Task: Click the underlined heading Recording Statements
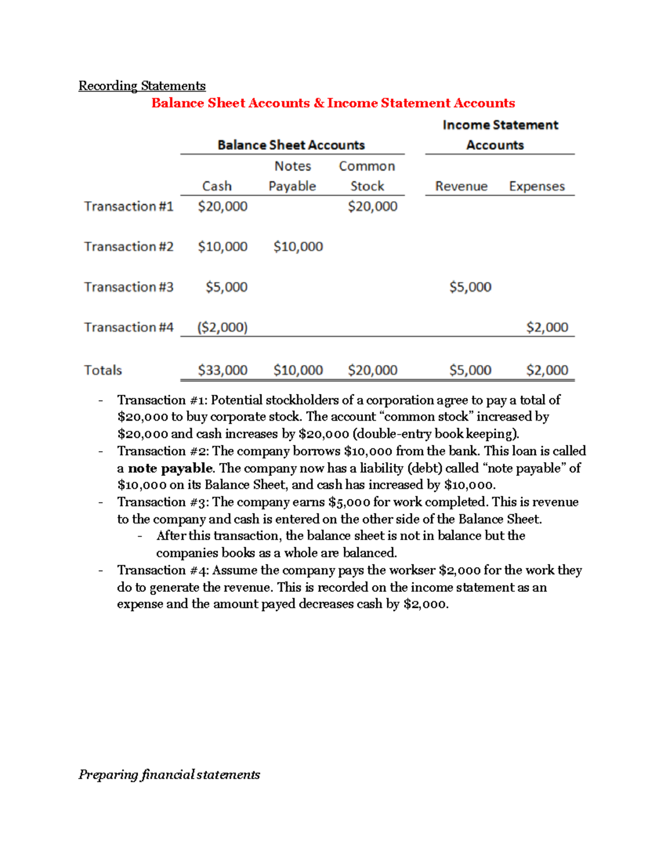[142, 86]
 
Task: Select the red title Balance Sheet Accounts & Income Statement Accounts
[333, 103]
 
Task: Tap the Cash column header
[216, 186]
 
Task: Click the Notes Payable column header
[292, 176]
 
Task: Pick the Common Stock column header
[367, 176]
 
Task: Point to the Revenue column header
[461, 186]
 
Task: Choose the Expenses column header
[537, 186]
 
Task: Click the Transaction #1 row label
[129, 206]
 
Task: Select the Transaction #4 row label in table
[129, 327]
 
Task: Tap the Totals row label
[103, 370]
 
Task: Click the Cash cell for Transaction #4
[223, 327]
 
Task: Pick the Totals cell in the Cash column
[223, 370]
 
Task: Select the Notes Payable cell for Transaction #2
[298, 246]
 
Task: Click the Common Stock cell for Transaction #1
[372, 206]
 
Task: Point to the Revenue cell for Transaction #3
[470, 287]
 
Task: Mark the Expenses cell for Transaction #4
[547, 327]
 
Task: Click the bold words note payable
[170, 468]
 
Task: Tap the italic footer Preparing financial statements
[169, 775]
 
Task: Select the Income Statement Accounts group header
[500, 135]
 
